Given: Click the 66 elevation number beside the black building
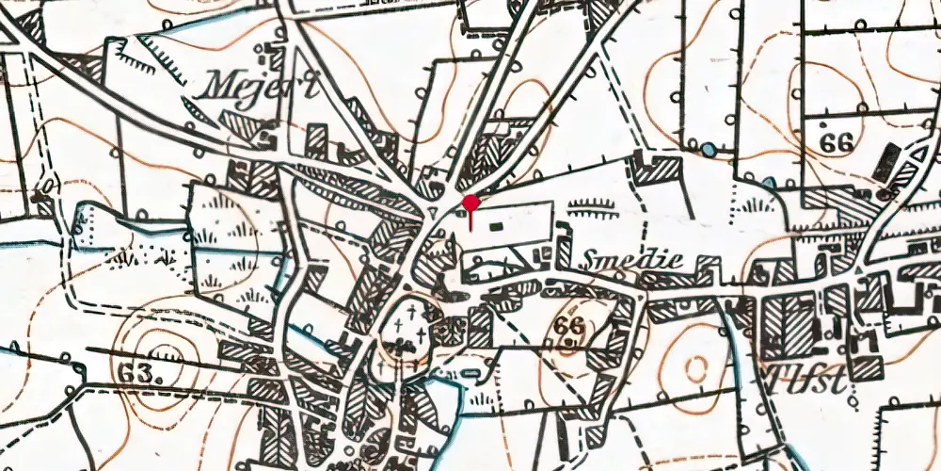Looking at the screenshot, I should tap(835, 143).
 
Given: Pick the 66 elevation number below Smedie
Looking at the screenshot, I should tap(568, 325).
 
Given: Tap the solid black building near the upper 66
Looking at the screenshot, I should tap(885, 162).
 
